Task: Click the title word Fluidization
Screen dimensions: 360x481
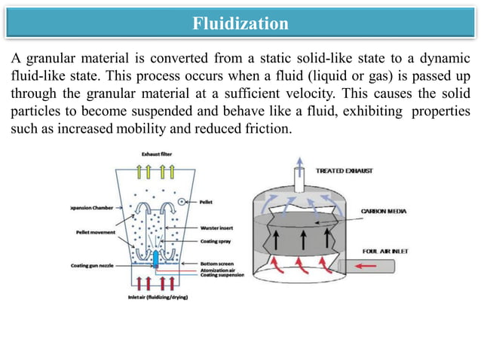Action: pyautogui.click(x=240, y=23)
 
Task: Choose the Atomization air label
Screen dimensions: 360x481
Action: pyautogui.click(x=219, y=270)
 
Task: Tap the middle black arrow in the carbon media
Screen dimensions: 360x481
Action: pyautogui.click(x=303, y=242)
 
